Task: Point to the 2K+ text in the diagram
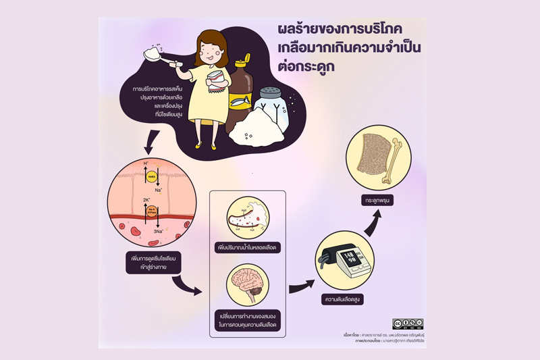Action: tap(147, 200)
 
